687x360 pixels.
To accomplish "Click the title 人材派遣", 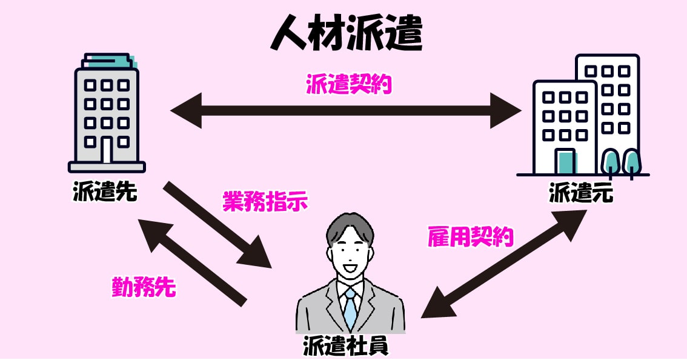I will coord(346,33).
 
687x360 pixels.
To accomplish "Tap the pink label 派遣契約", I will coord(348,84).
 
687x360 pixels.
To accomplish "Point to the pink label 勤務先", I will coord(144,287).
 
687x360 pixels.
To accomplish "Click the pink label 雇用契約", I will coord(470,237).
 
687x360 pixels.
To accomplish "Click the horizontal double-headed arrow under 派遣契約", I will coord(346,111).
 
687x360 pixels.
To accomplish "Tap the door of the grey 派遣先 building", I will coord(107,150).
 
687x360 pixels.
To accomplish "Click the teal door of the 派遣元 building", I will coord(565,161).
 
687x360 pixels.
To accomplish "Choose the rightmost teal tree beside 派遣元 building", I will coord(631,161).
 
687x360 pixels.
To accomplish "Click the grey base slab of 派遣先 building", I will coord(107,167).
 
